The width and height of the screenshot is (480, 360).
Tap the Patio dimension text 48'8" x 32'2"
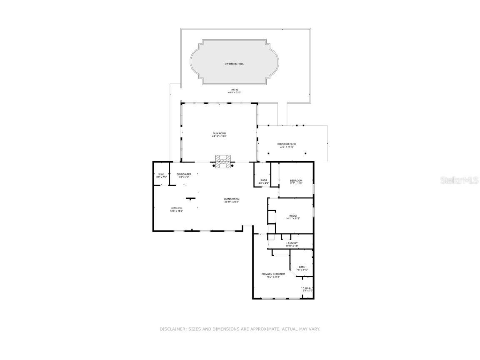pyautogui.click(x=235, y=92)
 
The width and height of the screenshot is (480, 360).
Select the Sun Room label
pyautogui.click(x=219, y=133)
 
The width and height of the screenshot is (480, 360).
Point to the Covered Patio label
pyautogui.click(x=287, y=144)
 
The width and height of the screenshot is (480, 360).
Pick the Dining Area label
pyautogui.click(x=184, y=174)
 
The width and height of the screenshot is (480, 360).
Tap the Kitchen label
pyautogui.click(x=176, y=208)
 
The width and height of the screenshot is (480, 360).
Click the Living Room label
pyautogui.click(x=232, y=199)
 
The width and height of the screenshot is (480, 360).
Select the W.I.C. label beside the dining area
pyautogui.click(x=161, y=174)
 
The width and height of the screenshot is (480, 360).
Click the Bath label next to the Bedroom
pyautogui.click(x=264, y=180)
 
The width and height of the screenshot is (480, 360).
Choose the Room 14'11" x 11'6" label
pyautogui.click(x=293, y=215)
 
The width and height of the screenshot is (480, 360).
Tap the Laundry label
pyautogui.click(x=292, y=243)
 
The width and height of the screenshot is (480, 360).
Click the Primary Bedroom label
pyautogui.click(x=273, y=274)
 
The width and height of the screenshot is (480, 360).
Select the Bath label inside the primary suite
pyautogui.click(x=302, y=267)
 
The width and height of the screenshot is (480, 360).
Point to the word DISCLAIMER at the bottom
pyautogui.click(x=172, y=329)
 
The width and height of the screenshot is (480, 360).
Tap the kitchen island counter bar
pyautogui.click(x=191, y=198)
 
